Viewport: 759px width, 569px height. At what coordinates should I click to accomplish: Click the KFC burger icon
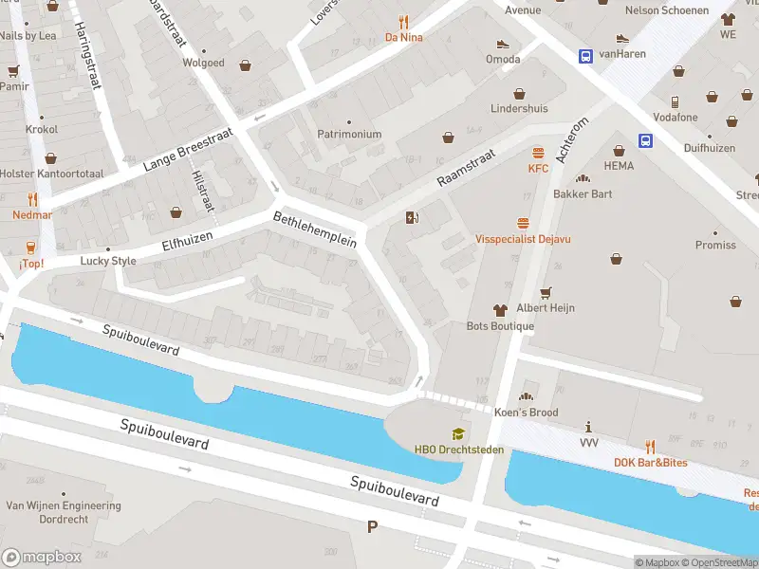539,153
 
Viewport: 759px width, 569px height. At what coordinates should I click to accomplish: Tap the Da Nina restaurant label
403,37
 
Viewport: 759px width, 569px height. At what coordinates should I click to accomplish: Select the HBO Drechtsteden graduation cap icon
458,433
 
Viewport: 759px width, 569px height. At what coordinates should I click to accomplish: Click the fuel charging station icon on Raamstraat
412,218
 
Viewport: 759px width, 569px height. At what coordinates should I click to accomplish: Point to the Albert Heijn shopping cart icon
545,292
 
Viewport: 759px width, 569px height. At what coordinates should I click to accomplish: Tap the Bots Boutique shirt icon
500,310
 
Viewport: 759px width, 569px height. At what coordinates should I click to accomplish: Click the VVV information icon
589,427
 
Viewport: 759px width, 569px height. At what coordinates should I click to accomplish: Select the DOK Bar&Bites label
650,463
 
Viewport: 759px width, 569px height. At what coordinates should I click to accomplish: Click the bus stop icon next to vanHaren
585,55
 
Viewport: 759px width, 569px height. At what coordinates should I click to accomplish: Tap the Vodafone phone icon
675,101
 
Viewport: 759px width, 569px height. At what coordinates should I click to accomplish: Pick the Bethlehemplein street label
314,229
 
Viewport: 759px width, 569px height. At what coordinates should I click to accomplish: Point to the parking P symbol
372,526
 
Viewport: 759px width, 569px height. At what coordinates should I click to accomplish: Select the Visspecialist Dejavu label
523,239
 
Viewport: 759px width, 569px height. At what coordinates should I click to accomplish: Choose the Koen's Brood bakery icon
526,396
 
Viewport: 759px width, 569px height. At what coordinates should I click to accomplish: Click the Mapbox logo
42,557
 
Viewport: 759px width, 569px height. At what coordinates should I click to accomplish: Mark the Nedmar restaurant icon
32,199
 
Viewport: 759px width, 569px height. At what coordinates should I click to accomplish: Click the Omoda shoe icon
503,44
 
